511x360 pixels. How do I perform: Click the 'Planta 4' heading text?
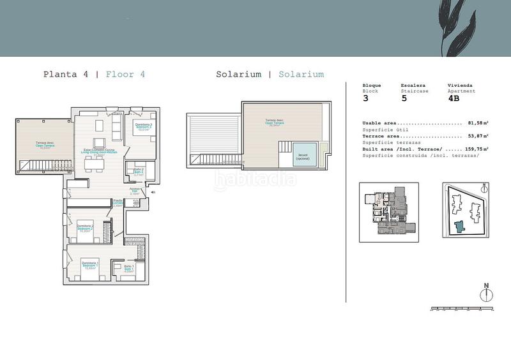66,74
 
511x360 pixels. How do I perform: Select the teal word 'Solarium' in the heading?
301,74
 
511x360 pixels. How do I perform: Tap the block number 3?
365,98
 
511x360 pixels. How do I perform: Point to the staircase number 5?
403,98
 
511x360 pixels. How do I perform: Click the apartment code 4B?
454,98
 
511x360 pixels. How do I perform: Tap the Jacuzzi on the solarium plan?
303,156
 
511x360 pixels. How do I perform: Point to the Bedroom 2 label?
86,228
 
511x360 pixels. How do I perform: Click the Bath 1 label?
129,267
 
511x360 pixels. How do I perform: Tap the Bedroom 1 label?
89,265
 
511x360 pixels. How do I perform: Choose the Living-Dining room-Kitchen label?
98,152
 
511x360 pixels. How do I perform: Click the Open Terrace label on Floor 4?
45,145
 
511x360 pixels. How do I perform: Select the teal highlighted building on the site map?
459,225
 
